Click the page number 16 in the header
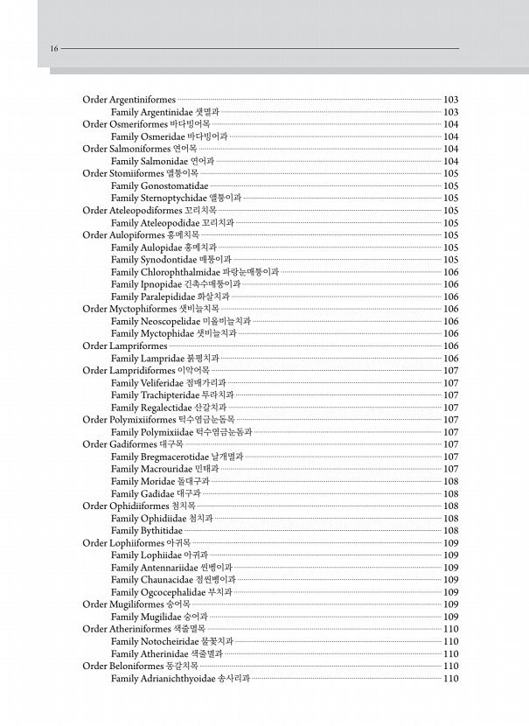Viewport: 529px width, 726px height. click(54, 49)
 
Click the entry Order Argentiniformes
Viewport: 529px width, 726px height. click(129, 100)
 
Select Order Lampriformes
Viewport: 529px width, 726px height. click(124, 346)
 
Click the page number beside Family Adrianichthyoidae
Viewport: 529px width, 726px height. click(451, 679)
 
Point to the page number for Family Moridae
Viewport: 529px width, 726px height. click(451, 481)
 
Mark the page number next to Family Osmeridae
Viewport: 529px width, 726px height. click(451, 136)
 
